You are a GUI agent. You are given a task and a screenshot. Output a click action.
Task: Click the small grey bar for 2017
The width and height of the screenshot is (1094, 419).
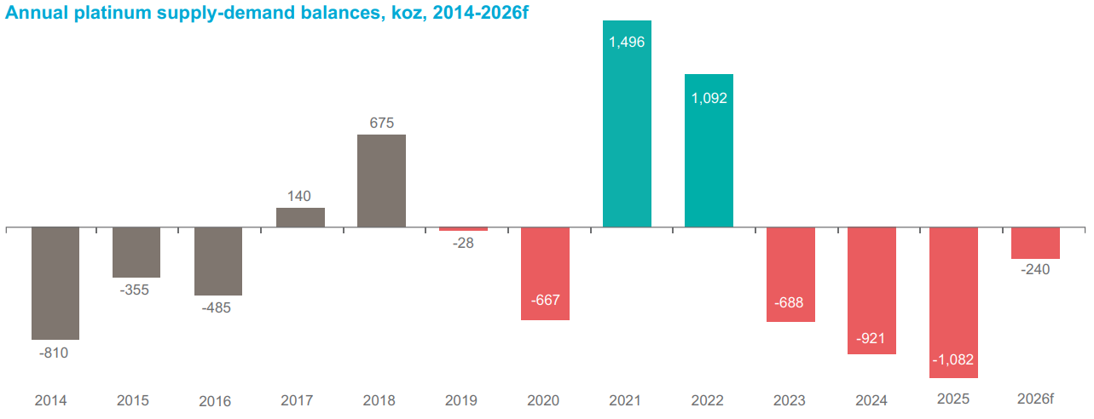pyautogui.click(x=300, y=217)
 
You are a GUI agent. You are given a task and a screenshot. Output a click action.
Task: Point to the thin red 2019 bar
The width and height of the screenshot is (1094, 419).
pyautogui.click(x=463, y=229)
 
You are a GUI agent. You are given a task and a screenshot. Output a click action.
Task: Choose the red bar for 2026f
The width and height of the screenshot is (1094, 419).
pyautogui.click(x=1035, y=243)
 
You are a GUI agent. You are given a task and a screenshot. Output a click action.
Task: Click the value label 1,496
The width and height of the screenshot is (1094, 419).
pyautogui.click(x=627, y=42)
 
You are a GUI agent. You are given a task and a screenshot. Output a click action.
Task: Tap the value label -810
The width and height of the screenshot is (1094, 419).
pyautogui.click(x=54, y=352)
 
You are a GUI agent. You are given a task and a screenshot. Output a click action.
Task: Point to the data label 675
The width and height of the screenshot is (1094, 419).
pyautogui.click(x=381, y=123)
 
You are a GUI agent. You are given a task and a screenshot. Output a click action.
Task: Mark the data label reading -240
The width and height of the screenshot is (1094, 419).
pyautogui.click(x=1035, y=270)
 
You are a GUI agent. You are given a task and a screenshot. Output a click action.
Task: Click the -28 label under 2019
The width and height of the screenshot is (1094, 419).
pyautogui.click(x=463, y=243)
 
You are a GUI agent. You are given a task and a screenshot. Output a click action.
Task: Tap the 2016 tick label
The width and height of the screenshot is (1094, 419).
pyautogui.click(x=214, y=401)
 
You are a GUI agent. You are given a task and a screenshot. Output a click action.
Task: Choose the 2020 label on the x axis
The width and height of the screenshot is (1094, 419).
pyautogui.click(x=544, y=400)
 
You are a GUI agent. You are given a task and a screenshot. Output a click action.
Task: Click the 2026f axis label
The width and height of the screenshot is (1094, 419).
pyautogui.click(x=1036, y=399)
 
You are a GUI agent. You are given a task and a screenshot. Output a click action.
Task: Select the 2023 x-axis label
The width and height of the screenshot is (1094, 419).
pyautogui.click(x=790, y=400)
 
